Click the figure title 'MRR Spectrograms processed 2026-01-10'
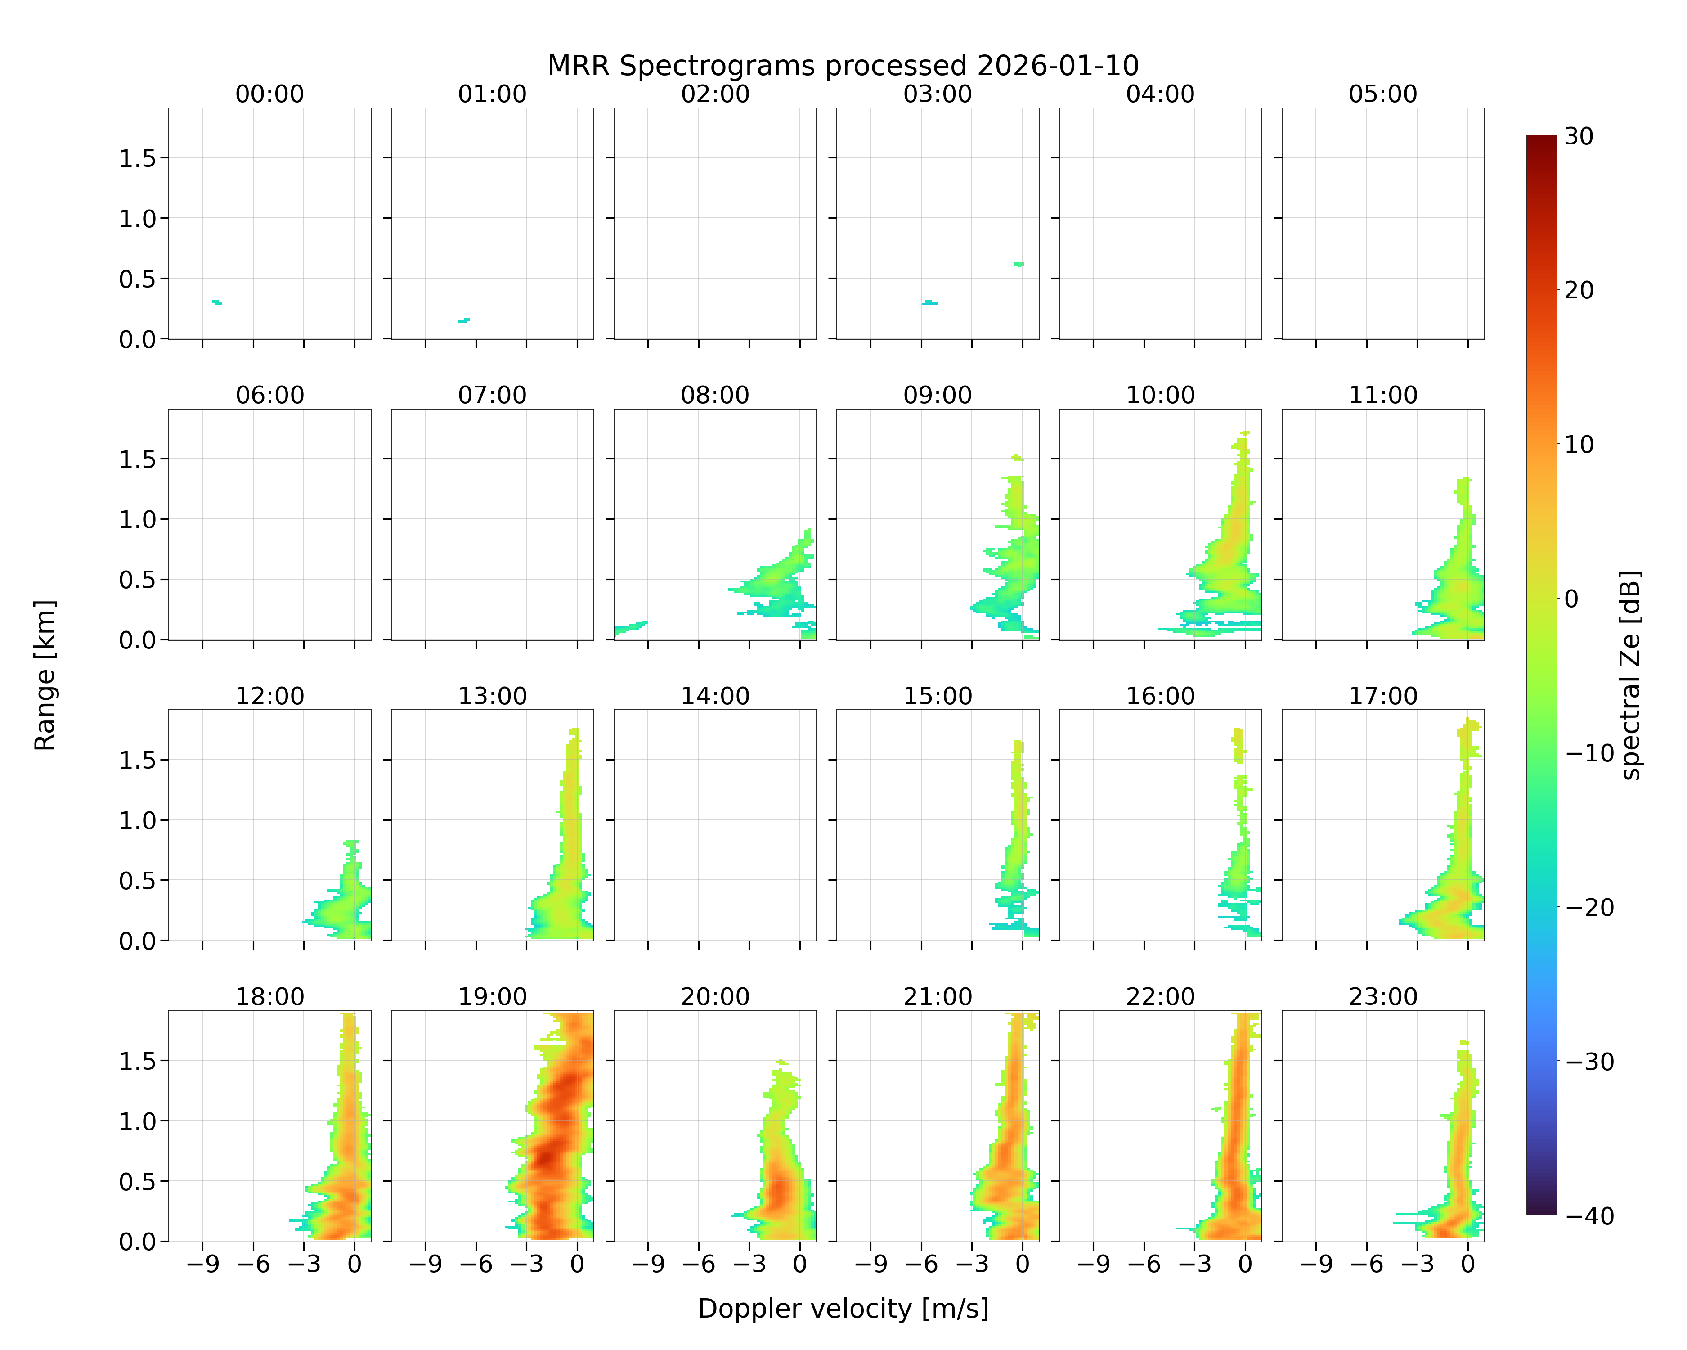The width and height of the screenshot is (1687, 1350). [x=843, y=66]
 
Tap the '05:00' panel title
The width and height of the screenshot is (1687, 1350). [x=1382, y=94]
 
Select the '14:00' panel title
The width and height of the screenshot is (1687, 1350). [x=714, y=696]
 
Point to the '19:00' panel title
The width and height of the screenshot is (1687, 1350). [x=492, y=996]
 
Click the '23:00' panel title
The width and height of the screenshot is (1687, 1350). [x=1382, y=996]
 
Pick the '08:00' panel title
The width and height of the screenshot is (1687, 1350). [x=714, y=395]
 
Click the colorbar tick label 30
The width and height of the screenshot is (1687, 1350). [x=1579, y=136]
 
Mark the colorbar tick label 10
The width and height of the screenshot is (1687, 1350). [x=1579, y=445]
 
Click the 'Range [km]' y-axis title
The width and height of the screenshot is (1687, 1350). [x=45, y=675]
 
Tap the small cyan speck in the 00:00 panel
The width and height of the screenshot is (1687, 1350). [x=217, y=302]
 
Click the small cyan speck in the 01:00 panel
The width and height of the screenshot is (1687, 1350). [x=464, y=320]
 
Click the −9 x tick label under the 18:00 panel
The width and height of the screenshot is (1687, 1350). [x=202, y=1264]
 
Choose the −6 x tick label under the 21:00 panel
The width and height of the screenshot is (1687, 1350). [x=921, y=1264]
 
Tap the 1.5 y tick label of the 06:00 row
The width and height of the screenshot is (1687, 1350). [x=138, y=459]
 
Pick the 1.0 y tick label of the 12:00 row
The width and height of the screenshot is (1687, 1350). [x=138, y=820]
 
